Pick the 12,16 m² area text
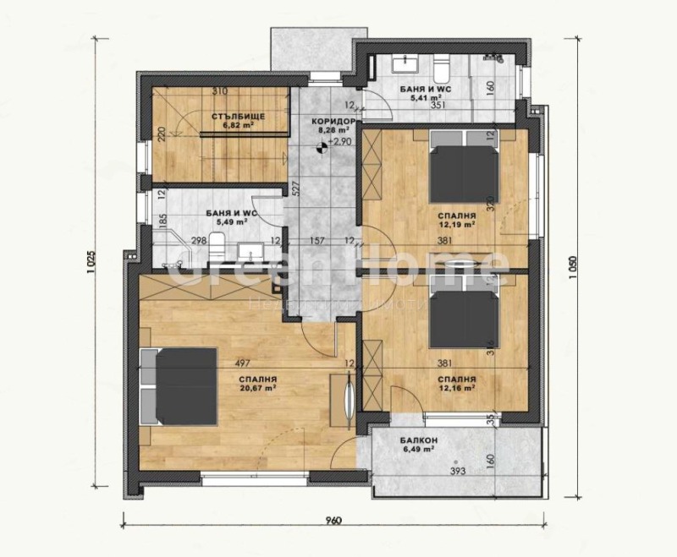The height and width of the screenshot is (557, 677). [455, 389]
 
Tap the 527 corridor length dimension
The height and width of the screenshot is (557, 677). [296, 188]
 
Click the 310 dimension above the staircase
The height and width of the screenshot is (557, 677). [220, 91]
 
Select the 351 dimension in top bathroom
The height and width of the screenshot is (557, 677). [438, 106]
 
